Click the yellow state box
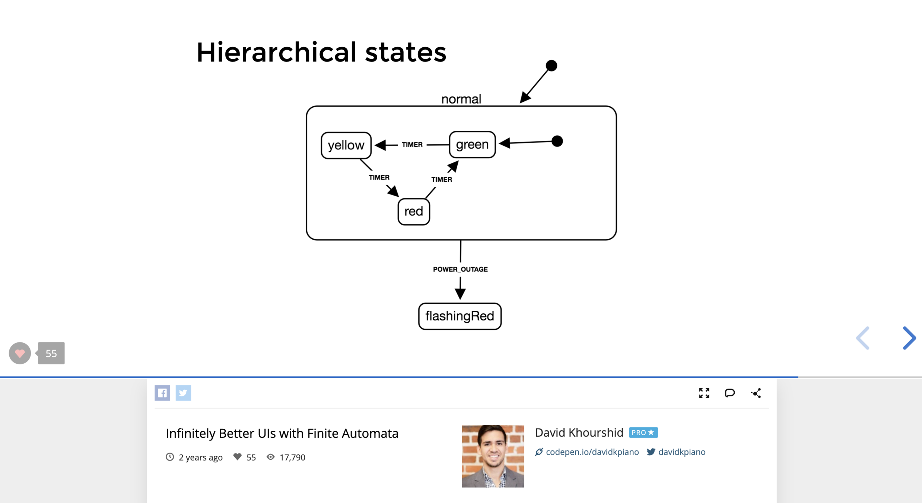click(346, 145)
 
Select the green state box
click(472, 145)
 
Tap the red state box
click(413, 212)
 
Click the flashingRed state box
click(460, 316)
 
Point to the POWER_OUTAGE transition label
click(460, 269)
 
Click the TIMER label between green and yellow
click(412, 145)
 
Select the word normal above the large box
click(461, 99)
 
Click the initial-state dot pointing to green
click(557, 141)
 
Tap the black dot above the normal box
click(551, 66)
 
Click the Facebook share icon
click(162, 393)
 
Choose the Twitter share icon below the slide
click(183, 393)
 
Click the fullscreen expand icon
click(704, 393)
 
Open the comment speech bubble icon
click(730, 393)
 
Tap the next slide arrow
click(909, 338)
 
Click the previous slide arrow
click(863, 338)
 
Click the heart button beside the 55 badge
click(20, 353)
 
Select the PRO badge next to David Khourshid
click(643, 432)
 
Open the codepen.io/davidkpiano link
click(592, 452)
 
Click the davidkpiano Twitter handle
click(681, 452)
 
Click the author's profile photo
click(493, 456)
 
